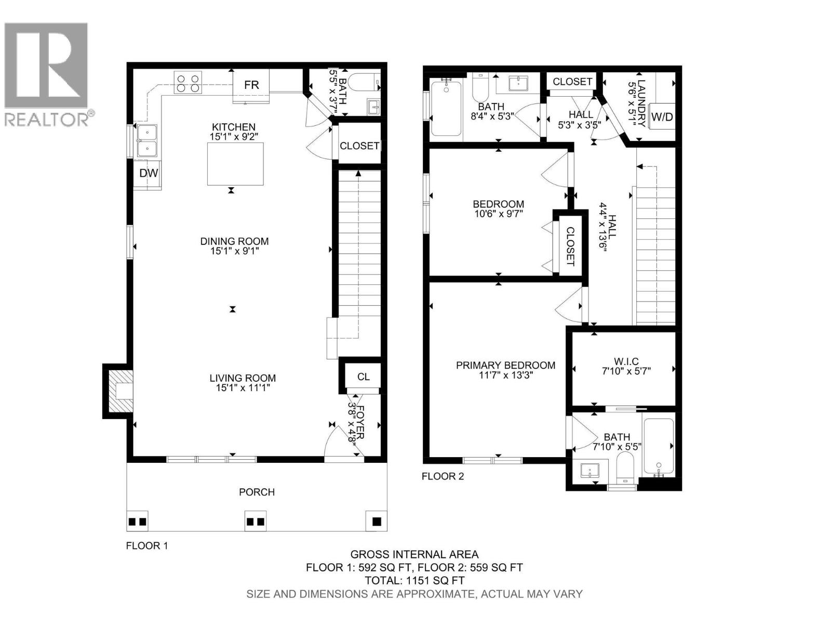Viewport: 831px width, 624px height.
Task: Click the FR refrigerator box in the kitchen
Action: pos(251,85)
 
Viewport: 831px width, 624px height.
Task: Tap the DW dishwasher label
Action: pos(149,173)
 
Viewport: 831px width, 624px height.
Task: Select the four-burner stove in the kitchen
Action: pos(188,83)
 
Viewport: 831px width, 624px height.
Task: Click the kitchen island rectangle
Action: pos(235,163)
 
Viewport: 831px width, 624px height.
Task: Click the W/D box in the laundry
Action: pos(662,116)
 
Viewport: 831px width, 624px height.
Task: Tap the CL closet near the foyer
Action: pos(363,376)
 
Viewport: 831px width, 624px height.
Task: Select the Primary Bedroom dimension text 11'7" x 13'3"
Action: pos(505,375)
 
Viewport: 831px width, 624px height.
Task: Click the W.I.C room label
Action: pos(626,361)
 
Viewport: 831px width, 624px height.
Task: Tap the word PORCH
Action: pos(257,492)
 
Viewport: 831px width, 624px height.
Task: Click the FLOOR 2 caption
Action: pos(443,476)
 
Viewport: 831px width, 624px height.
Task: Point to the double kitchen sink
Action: pos(147,140)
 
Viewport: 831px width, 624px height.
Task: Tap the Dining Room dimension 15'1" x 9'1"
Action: pos(234,251)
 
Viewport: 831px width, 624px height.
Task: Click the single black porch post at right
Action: pos(377,521)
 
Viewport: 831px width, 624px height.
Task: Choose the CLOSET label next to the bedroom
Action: pos(570,246)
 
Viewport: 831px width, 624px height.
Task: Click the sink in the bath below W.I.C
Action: pos(590,472)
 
